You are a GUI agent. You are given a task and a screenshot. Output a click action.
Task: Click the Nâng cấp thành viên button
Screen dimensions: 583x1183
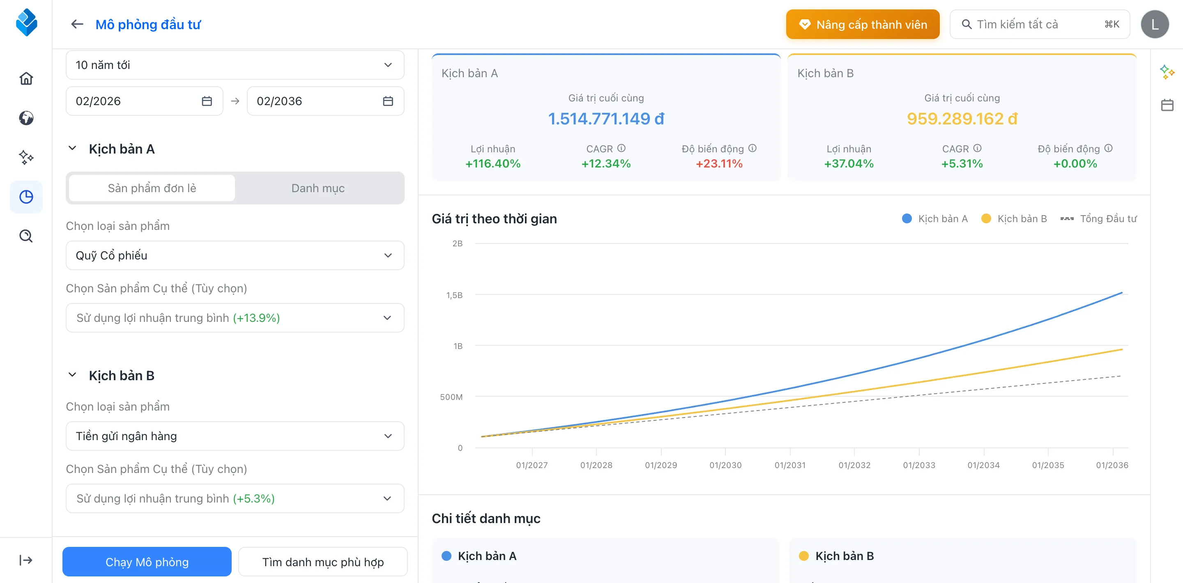tap(862, 24)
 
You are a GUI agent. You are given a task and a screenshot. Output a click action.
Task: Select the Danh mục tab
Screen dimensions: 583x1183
tap(318, 188)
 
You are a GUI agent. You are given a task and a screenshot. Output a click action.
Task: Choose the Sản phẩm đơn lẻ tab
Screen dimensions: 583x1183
tap(152, 188)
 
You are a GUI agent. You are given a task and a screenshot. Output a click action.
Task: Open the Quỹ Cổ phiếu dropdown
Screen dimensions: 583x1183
tap(235, 255)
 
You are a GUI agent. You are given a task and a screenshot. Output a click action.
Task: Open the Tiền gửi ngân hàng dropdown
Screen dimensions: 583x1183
tap(235, 436)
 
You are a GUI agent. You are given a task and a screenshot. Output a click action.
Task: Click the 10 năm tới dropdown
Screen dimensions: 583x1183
tap(235, 65)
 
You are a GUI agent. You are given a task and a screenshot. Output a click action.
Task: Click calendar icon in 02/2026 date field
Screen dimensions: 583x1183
tap(207, 101)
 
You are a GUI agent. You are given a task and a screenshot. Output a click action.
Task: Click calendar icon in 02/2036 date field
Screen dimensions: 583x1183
tap(388, 101)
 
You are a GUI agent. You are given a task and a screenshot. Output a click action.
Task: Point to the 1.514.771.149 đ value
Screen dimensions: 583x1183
tap(606, 119)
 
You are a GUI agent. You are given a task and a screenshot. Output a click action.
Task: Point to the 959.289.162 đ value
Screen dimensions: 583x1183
tap(962, 119)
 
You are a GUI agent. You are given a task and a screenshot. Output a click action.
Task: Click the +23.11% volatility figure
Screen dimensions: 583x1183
tap(719, 163)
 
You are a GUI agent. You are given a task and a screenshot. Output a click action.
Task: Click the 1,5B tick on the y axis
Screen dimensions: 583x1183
tap(454, 295)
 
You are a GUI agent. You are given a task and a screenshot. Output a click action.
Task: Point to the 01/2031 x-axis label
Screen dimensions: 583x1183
tap(789, 465)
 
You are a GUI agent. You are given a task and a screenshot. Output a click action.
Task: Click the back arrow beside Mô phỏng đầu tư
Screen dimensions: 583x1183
tap(77, 24)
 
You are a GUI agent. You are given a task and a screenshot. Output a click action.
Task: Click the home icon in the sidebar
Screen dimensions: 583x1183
tap(26, 78)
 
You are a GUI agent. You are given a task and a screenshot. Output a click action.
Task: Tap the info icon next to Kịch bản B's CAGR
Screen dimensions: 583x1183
tap(977, 148)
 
